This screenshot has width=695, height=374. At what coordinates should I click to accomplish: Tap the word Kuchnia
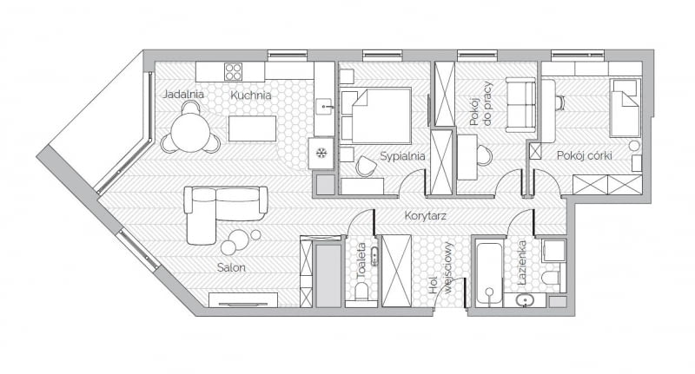pyautogui.click(x=250, y=95)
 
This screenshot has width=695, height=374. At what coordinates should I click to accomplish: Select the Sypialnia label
pyautogui.click(x=401, y=157)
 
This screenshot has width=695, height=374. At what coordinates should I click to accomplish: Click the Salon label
pyautogui.click(x=231, y=268)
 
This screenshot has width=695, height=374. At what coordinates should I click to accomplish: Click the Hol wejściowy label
pyautogui.click(x=440, y=271)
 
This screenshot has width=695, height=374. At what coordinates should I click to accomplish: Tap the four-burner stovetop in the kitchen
pyautogui.click(x=234, y=71)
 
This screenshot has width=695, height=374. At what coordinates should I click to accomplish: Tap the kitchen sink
pyautogui.click(x=323, y=108)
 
